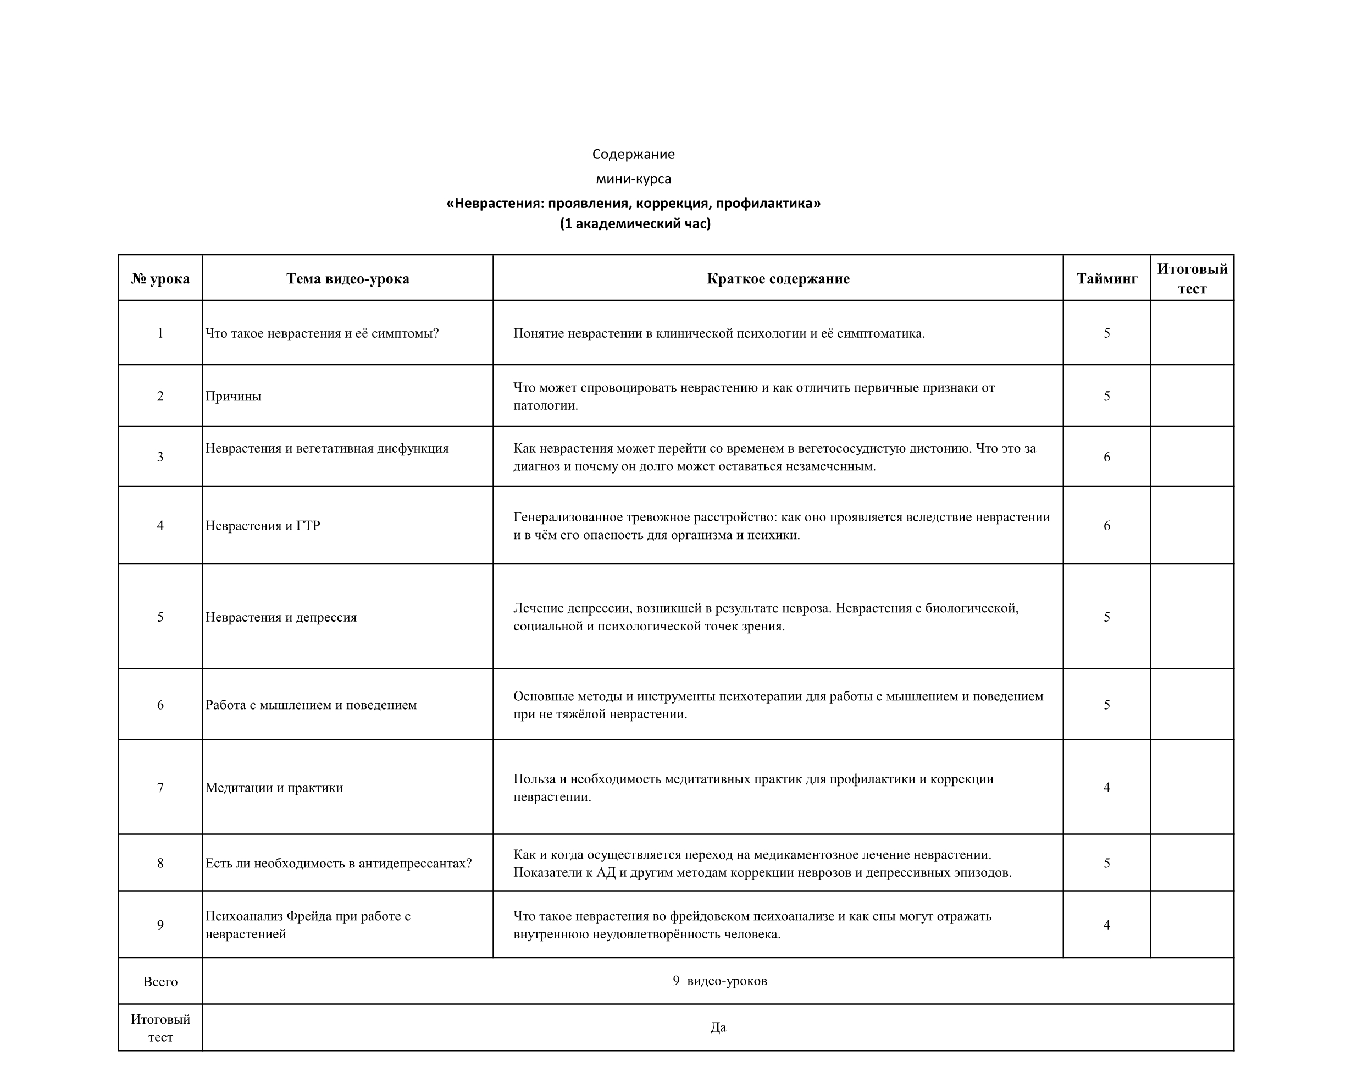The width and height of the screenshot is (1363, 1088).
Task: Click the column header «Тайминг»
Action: [x=1107, y=279]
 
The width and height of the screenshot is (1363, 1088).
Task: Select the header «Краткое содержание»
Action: [x=778, y=279]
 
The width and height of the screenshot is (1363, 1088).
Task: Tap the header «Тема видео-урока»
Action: [x=348, y=279]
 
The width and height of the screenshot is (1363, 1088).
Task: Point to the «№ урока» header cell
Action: [x=160, y=279]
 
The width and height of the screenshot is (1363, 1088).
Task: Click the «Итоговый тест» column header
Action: [x=1192, y=279]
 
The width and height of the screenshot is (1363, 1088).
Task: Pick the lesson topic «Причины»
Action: [x=233, y=397]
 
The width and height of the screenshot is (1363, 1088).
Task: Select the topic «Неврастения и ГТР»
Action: [x=263, y=526]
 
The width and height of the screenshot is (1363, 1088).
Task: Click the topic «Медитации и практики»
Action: [x=274, y=788]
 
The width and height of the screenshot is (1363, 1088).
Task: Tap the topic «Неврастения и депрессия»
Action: [x=281, y=617]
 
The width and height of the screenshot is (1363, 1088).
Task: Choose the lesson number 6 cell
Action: [x=160, y=705]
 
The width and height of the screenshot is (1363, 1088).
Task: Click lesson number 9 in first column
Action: [x=160, y=925]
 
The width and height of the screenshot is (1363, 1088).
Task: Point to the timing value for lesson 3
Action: [x=1107, y=457]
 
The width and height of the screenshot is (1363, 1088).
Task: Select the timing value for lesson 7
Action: [x=1107, y=788]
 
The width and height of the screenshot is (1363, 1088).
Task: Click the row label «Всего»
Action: [x=160, y=982]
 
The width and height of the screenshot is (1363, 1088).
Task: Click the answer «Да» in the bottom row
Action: [x=718, y=1028]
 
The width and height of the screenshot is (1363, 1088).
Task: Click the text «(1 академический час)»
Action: [x=635, y=224]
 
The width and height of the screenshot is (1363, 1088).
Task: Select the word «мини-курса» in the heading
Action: [x=634, y=179]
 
